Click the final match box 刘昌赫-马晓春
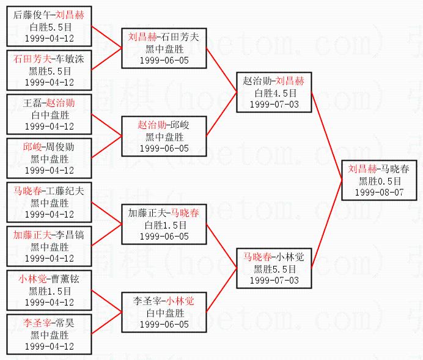[x=380, y=180]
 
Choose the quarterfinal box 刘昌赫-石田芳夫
[x=164, y=48]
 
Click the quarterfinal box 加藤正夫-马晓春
[x=164, y=224]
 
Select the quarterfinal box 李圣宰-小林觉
[x=164, y=312]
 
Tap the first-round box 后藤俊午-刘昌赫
[x=49, y=26]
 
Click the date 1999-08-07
[x=380, y=192]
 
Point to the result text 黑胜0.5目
[x=380, y=181]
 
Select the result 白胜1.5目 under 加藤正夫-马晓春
[x=164, y=225]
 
